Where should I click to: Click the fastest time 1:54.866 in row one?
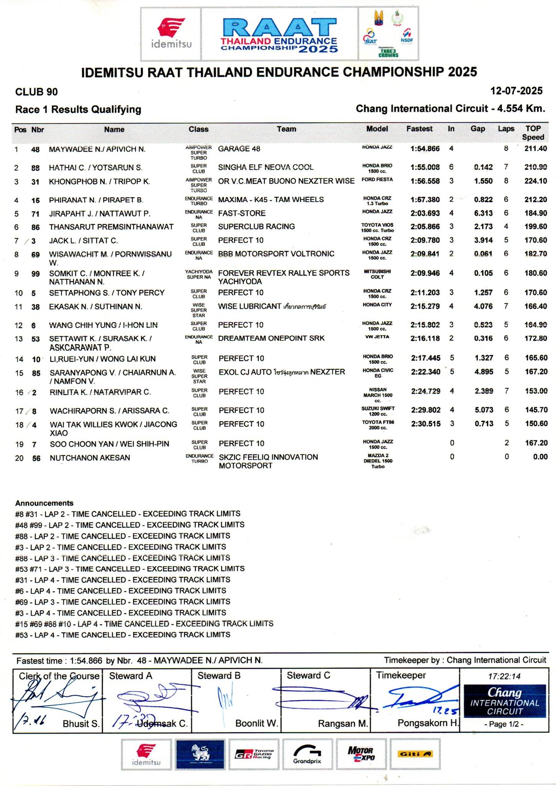pos(425,149)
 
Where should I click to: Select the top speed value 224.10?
pos(536,181)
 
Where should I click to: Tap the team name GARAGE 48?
pos(239,149)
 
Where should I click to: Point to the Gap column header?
pos(478,129)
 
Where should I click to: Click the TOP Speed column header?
pos(533,133)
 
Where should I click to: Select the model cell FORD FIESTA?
pos(377,180)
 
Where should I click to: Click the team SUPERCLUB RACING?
pos(256,227)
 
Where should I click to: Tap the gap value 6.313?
pos(483,213)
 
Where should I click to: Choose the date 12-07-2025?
pos(516,91)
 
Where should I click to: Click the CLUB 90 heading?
pos(36,92)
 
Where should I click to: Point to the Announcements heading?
pos(44,503)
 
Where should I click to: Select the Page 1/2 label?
pos(504,725)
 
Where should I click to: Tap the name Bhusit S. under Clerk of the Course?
pos(81,724)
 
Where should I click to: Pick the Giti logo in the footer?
pos(415,754)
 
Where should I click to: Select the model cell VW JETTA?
pos(377,337)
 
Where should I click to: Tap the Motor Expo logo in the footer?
pos(360,754)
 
